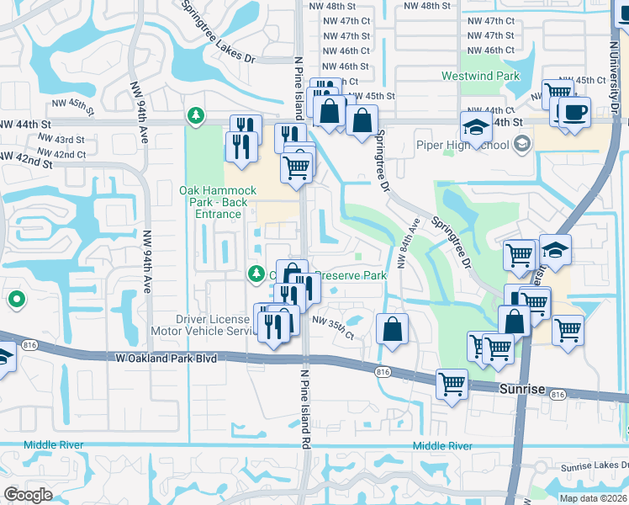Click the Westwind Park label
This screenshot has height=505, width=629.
[x=481, y=76]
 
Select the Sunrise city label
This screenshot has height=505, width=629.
[x=521, y=390]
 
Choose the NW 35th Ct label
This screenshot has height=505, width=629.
[x=334, y=322]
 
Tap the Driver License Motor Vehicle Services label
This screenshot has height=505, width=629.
[x=214, y=325]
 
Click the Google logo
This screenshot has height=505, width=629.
[x=29, y=495]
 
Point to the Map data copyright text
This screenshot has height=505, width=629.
[x=592, y=498]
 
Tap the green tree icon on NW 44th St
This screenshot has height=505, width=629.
[x=196, y=114]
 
